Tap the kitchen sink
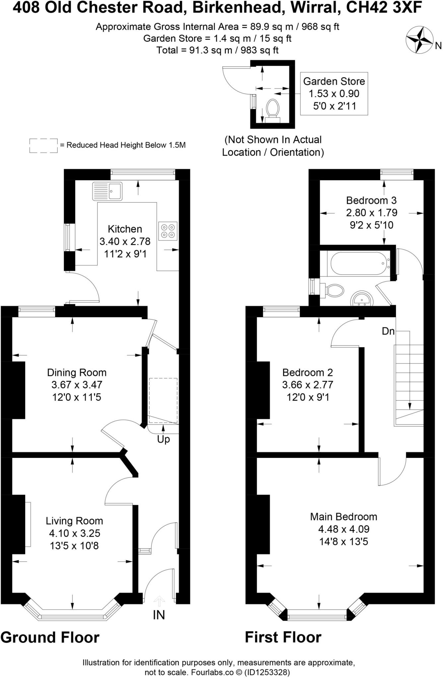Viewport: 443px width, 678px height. point(107,191)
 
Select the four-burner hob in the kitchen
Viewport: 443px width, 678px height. point(168,231)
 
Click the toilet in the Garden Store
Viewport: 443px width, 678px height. point(273,109)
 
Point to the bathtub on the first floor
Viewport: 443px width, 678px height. point(358,263)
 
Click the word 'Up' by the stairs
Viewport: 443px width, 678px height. point(163,439)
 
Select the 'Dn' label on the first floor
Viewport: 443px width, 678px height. point(388,331)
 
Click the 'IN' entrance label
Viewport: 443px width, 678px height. point(159,615)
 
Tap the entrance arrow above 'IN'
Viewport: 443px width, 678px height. point(159,601)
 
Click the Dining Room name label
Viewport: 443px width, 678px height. point(77,372)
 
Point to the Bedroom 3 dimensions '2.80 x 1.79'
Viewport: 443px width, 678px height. point(371,213)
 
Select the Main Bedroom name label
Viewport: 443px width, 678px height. point(344,516)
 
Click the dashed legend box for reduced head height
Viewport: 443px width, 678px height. point(43,146)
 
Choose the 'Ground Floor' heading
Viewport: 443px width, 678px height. point(50,637)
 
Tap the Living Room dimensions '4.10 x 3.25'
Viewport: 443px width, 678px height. point(74,533)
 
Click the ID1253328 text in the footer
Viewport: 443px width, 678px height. point(267,672)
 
